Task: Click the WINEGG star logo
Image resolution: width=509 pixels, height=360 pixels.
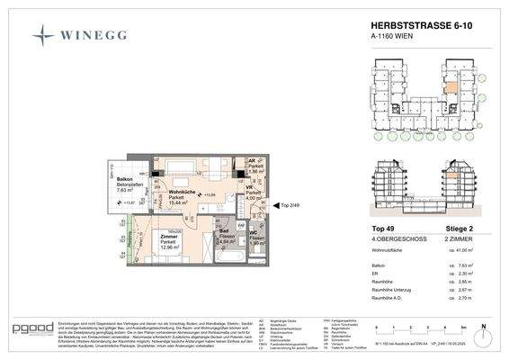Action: (43, 35)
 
